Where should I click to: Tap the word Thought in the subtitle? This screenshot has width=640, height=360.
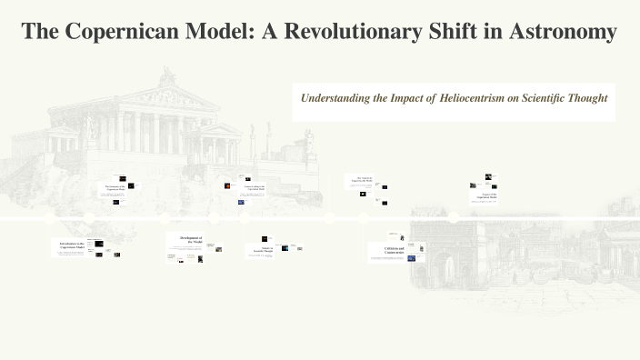[x=585, y=97]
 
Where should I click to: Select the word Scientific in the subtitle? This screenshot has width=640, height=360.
[x=534, y=97]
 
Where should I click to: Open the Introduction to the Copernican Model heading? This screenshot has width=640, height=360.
[x=74, y=245]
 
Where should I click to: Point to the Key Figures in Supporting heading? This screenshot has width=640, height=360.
[x=365, y=180]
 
